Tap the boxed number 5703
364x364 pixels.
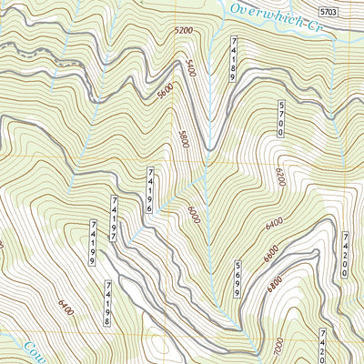click(x=334, y=12)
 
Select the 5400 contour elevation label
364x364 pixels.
click(x=191, y=68)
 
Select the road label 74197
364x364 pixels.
click(x=115, y=218)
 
